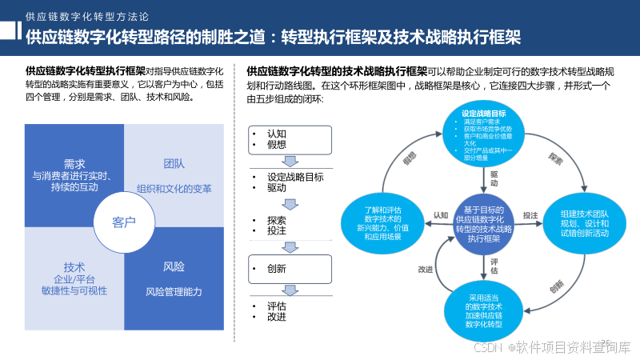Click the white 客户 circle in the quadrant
[x=124, y=222]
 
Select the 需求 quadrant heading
[x=74, y=163]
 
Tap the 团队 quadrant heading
[x=174, y=163]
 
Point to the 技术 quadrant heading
[x=74, y=266]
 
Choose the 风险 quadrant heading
[x=174, y=266]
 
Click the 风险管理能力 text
[x=174, y=291]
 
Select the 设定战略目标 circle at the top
[x=483, y=132]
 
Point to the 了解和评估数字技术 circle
[x=381, y=224]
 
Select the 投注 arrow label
[x=530, y=215]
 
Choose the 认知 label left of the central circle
[x=441, y=215]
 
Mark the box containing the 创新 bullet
[x=288, y=268]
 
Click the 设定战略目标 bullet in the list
[x=295, y=177]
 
